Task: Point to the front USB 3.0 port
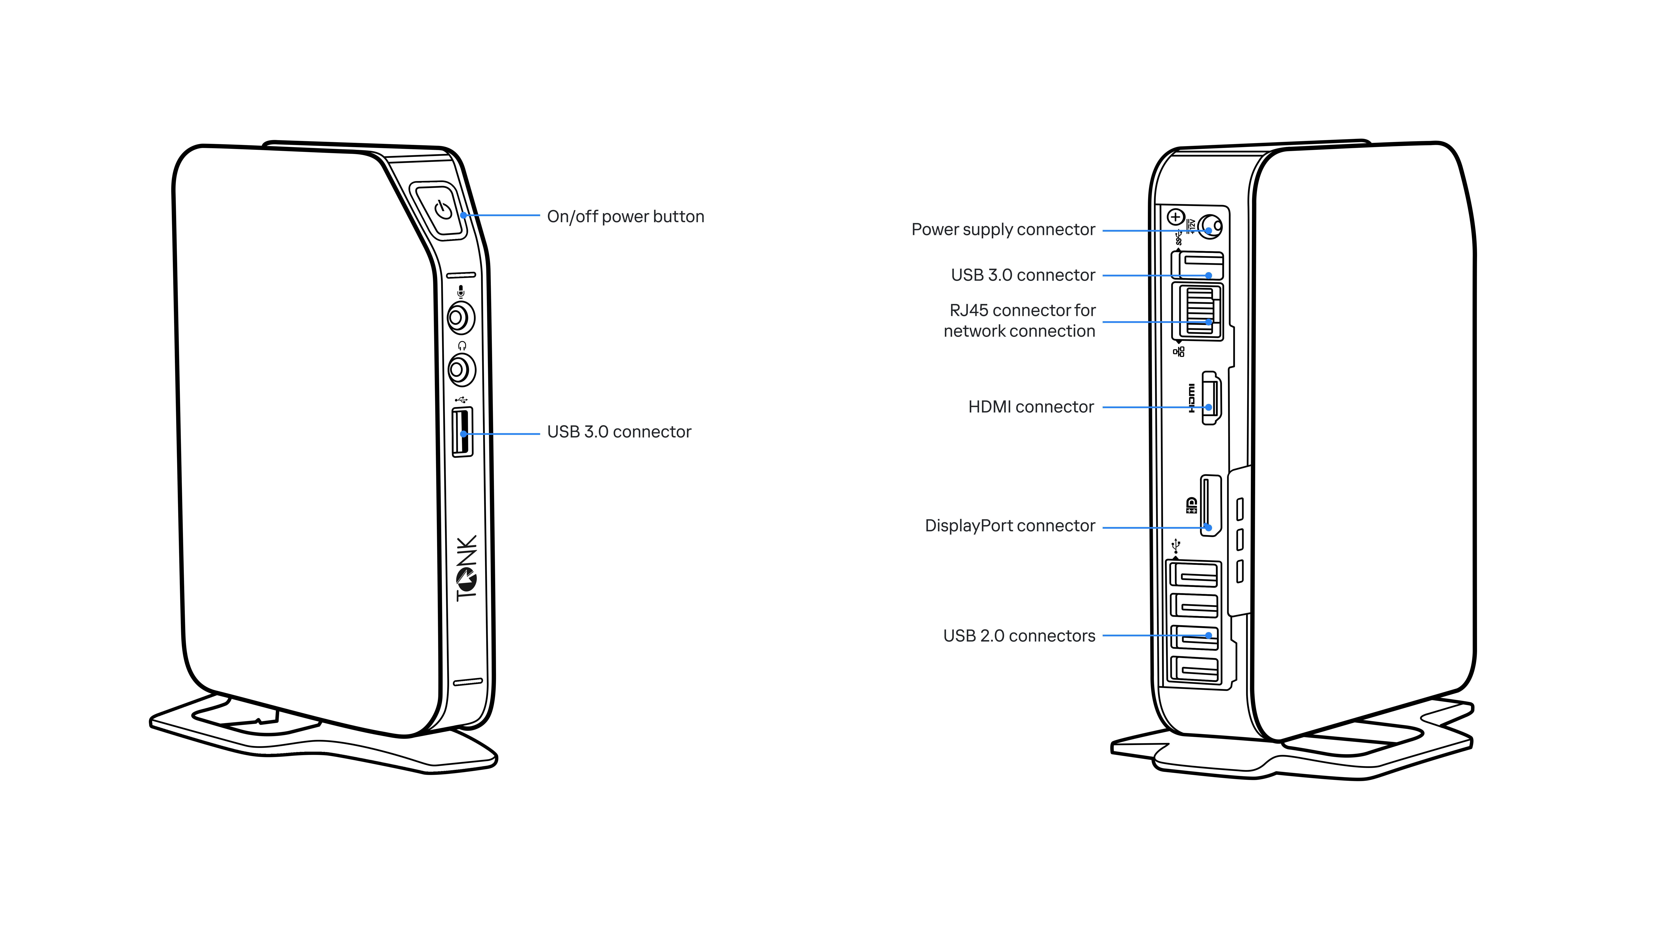(x=462, y=433)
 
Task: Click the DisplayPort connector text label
(x=1009, y=526)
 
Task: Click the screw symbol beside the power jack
(x=1175, y=217)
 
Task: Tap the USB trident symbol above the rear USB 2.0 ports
(x=1176, y=546)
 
